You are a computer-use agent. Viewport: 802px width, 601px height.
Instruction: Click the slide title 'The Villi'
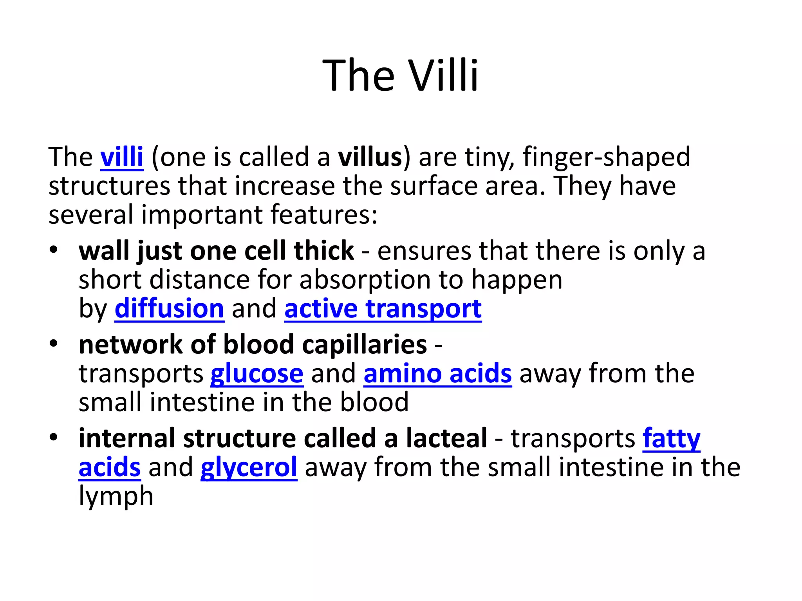pos(400,75)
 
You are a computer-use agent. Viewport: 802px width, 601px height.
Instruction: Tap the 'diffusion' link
pos(169,309)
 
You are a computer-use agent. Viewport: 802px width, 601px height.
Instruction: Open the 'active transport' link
pos(383,309)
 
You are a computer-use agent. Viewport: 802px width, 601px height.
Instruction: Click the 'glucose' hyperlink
pos(256,374)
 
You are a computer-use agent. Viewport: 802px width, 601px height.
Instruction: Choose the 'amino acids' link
pos(437,374)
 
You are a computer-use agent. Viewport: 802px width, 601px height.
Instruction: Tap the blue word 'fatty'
pos(671,438)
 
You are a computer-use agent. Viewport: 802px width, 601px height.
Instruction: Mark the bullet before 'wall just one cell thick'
pos(54,249)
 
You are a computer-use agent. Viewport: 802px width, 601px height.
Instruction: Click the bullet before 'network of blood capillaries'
pos(54,344)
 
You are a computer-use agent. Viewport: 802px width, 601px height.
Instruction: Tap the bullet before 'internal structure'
pos(54,437)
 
